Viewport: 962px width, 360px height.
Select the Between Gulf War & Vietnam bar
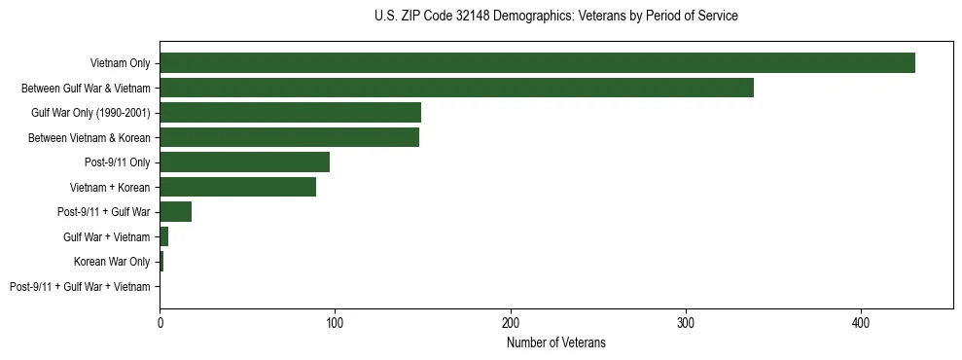[x=456, y=88]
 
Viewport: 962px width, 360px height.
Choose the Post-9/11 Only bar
[x=244, y=162]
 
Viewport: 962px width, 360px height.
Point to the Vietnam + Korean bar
[x=237, y=187]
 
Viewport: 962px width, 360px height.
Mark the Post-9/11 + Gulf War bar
[x=176, y=212]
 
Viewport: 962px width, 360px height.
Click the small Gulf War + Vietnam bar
[x=164, y=236]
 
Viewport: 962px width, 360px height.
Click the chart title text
[x=555, y=17]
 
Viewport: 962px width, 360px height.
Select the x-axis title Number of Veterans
[x=555, y=342]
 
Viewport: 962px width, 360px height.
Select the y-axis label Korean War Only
[x=112, y=262]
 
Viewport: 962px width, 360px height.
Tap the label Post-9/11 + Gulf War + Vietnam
[x=80, y=286]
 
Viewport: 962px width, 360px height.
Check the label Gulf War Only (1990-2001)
[x=90, y=113]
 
